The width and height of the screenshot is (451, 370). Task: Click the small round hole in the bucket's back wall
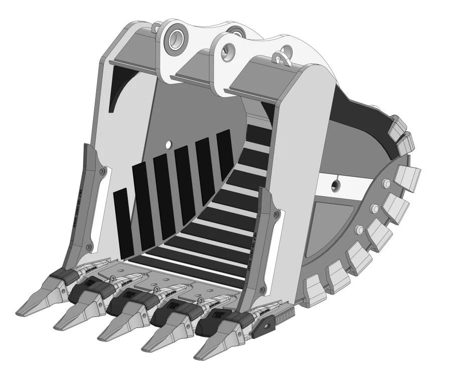pyautogui.click(x=168, y=144)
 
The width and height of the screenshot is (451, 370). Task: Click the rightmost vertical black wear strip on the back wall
pyautogui.click(x=224, y=154)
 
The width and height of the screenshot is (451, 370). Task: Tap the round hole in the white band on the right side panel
pyautogui.click(x=335, y=184)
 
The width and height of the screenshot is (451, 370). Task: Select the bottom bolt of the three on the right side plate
pyautogui.click(x=359, y=229)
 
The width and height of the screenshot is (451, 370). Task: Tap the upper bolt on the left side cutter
pyautogui.click(x=103, y=171)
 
